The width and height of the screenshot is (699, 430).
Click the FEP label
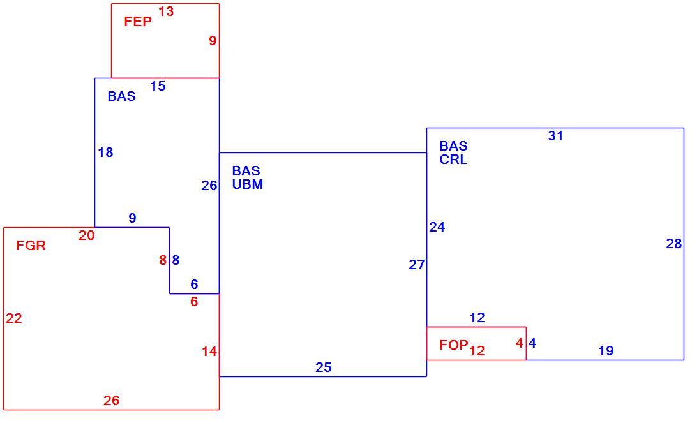pos(138,22)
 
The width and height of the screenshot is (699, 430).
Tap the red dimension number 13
pos(166,11)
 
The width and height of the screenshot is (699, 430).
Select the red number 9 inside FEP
pos(213,41)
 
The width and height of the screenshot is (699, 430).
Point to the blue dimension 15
pos(158,86)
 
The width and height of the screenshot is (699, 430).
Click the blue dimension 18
pos(106,152)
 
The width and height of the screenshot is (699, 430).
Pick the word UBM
pos(248,184)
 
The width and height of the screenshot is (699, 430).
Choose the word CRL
pos(453,159)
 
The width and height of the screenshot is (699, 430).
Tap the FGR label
pos(31,246)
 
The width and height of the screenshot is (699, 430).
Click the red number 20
pos(86,235)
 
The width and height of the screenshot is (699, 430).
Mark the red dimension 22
pos(14,318)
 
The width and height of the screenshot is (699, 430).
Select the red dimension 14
pos(209,352)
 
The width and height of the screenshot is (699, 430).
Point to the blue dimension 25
pos(324,367)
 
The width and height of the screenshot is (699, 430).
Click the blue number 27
pos(417,265)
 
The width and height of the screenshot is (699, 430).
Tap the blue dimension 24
pos(437,227)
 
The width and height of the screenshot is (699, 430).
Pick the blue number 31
pos(555,136)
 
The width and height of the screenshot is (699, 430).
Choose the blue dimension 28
pos(674,244)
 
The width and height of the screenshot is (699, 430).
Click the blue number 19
pos(606,351)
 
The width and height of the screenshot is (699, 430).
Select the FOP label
pos(454,345)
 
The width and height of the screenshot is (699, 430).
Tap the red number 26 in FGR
pos(112,401)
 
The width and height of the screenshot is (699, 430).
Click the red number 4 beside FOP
pos(520,343)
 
